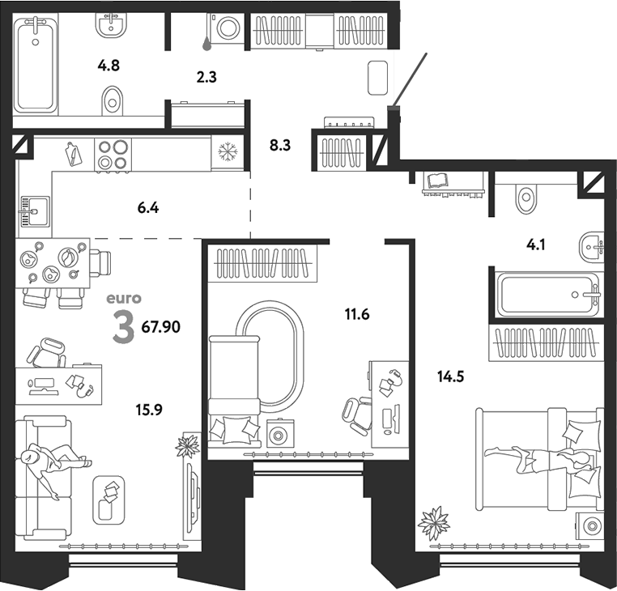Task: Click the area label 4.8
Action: point(109,66)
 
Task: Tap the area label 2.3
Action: point(206,78)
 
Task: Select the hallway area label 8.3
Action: point(279,146)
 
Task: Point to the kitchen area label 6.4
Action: point(148,208)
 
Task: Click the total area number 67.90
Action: point(160,327)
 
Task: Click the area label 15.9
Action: point(150,409)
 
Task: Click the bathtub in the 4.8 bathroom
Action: point(36,67)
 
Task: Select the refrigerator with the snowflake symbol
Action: point(227,153)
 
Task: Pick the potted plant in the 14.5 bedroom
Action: point(433,522)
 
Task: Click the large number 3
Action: point(123,327)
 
